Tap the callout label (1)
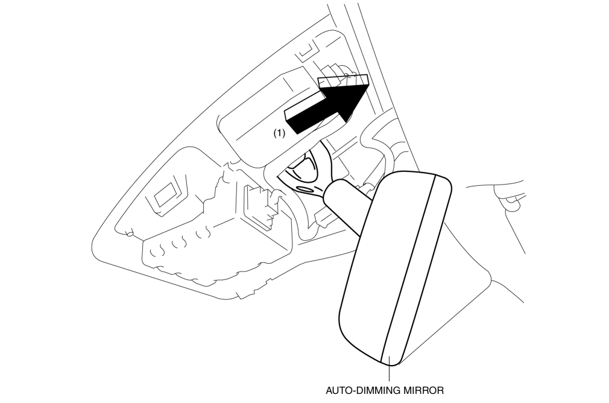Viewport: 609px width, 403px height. click(279, 133)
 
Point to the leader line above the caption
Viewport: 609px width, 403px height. click(389, 372)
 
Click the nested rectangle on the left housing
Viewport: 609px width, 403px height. click(168, 195)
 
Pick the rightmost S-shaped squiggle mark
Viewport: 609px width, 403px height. click(203, 233)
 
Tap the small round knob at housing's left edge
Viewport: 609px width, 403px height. click(129, 233)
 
